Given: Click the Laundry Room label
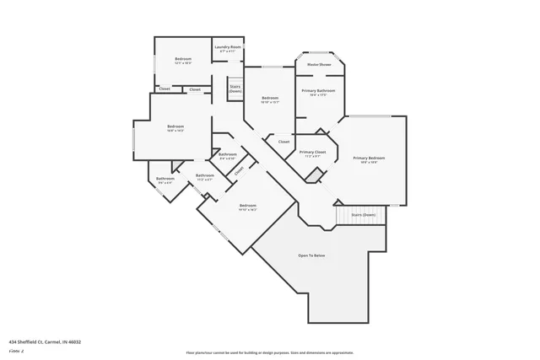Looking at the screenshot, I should pyautogui.click(x=227, y=47).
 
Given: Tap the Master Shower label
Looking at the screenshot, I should pyautogui.click(x=318, y=64).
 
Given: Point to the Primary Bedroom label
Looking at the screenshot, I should pyautogui.click(x=369, y=159).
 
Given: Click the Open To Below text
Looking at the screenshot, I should pyautogui.click(x=311, y=255).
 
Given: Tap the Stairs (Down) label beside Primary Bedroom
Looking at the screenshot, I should pyautogui.click(x=363, y=215).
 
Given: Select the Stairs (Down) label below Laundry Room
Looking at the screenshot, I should pyautogui.click(x=235, y=88).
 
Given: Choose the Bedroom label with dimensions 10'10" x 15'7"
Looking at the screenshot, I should pyautogui.click(x=269, y=99).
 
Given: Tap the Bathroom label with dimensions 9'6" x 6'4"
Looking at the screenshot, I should pyautogui.click(x=165, y=179).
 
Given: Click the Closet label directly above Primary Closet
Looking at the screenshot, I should pyautogui.click(x=283, y=142).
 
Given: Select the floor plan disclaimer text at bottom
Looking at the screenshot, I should pyautogui.click(x=269, y=352).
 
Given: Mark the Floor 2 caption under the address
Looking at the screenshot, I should pyautogui.click(x=16, y=350).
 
